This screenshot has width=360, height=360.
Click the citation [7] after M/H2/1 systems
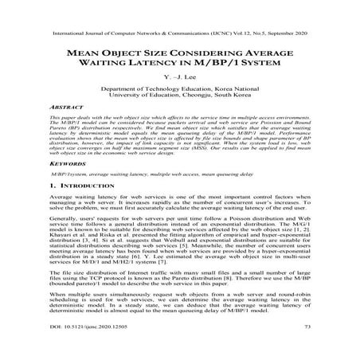tap(178, 262)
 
